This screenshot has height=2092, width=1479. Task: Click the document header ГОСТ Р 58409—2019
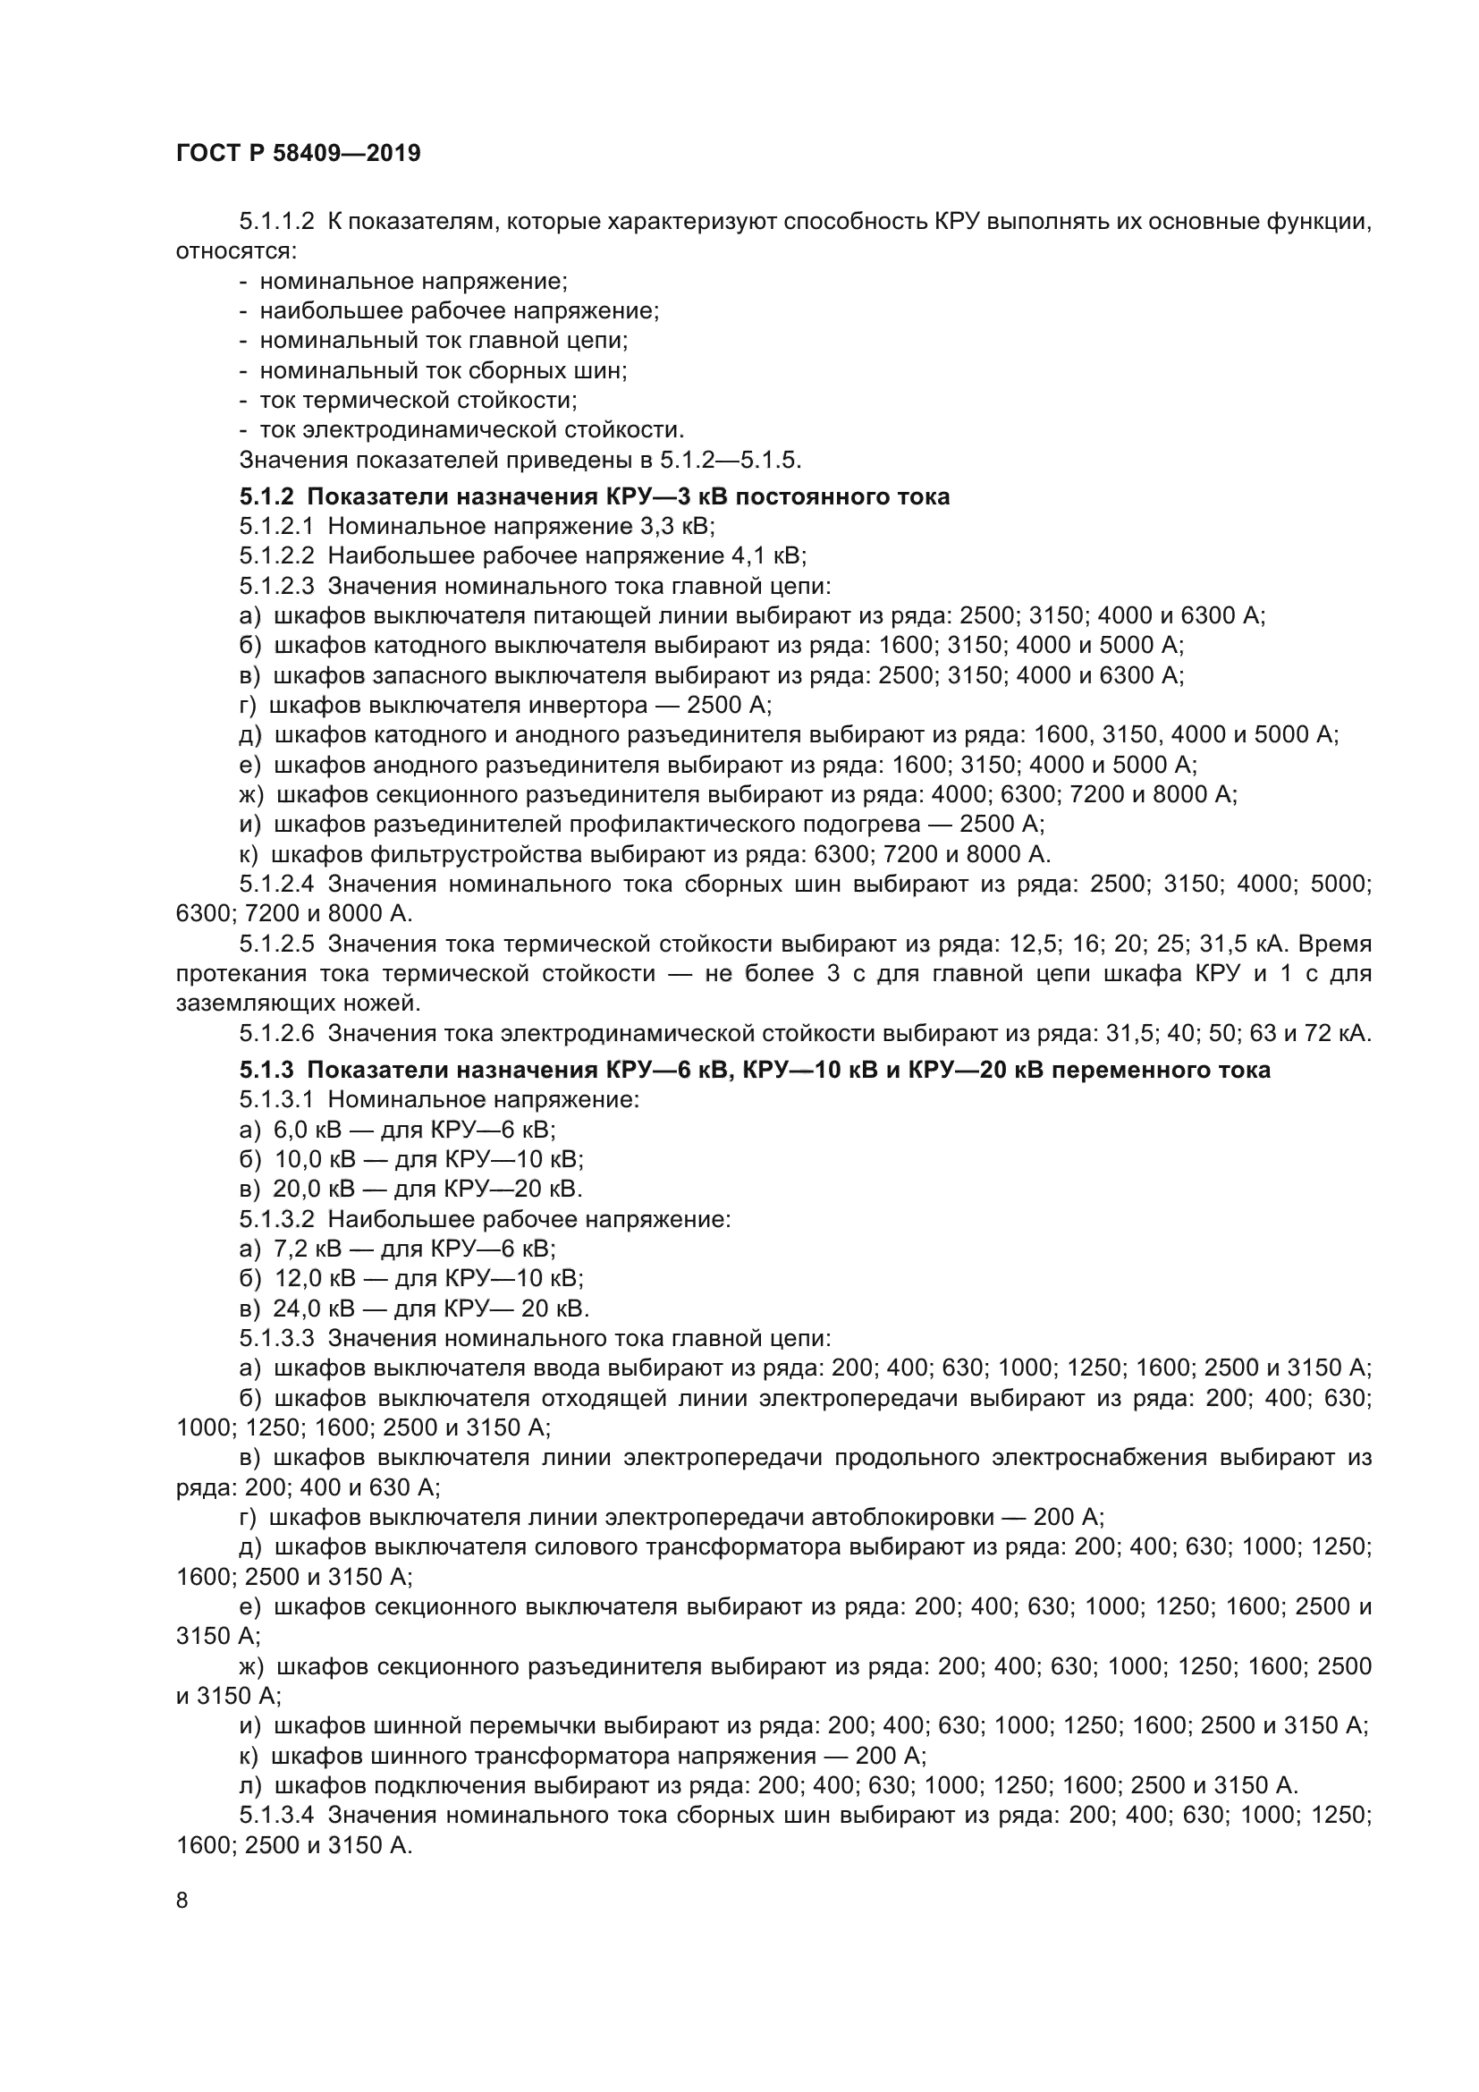(x=298, y=153)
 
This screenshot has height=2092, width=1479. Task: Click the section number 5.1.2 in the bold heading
(x=266, y=496)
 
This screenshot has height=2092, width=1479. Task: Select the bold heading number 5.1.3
(x=266, y=1070)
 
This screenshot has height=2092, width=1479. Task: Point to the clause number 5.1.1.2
(x=277, y=222)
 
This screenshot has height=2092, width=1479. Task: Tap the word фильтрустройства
(x=475, y=855)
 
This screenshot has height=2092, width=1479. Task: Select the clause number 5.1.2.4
(x=277, y=884)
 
